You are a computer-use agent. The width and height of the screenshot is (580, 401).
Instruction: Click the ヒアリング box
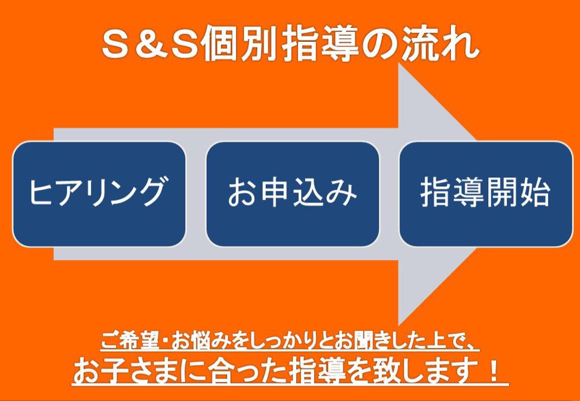[99, 194]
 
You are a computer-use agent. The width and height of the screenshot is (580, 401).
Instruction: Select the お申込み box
[292, 194]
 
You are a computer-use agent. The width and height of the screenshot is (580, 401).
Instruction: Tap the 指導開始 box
[485, 194]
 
